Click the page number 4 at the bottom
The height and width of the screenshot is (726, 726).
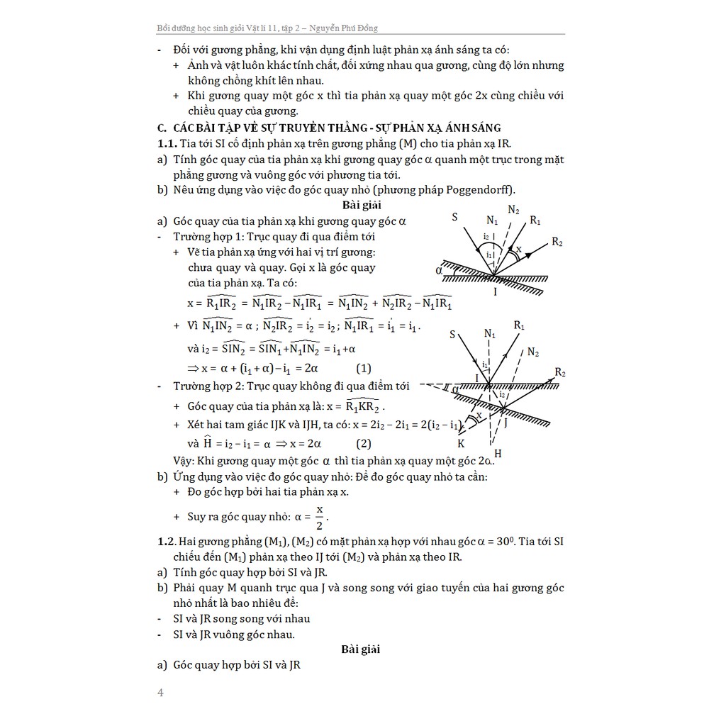tap(160, 693)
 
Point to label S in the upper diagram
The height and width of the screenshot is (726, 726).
tap(453, 217)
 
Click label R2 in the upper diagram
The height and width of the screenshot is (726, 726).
tap(557, 242)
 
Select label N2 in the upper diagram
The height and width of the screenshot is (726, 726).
tap(513, 210)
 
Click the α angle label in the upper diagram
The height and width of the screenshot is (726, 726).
tap(440, 270)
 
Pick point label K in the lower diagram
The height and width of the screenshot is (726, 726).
tap(460, 443)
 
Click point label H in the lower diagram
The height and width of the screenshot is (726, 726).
tap(498, 454)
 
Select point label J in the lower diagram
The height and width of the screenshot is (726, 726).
tap(506, 421)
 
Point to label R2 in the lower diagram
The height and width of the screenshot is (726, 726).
tap(560, 372)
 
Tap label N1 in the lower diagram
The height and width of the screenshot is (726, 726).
tap(490, 333)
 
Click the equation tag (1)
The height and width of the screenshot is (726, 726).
tap(364, 368)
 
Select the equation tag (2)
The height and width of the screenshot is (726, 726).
tap(364, 444)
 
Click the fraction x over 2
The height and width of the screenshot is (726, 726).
tap(319, 517)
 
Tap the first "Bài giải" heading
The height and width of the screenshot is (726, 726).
tap(362, 206)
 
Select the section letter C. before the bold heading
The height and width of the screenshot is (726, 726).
tap(162, 128)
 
